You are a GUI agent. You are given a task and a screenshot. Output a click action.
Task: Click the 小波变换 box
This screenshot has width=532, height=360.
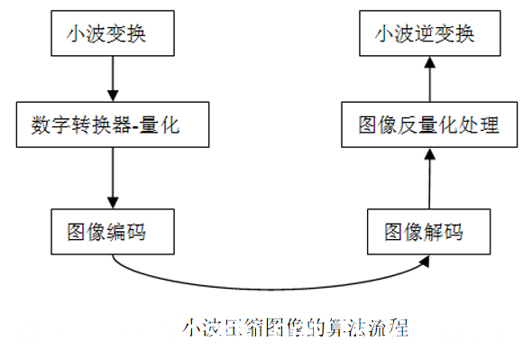pos(112,35)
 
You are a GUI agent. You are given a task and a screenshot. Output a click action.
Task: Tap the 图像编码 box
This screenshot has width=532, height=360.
pos(112,232)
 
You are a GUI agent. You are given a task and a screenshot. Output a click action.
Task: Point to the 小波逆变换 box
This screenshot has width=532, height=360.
pos(430,35)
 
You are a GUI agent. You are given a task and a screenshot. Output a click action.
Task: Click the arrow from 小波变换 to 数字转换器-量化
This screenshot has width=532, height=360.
pos(112,78)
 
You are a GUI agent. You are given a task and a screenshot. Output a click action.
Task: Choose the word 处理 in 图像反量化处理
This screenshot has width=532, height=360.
pos(477,125)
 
